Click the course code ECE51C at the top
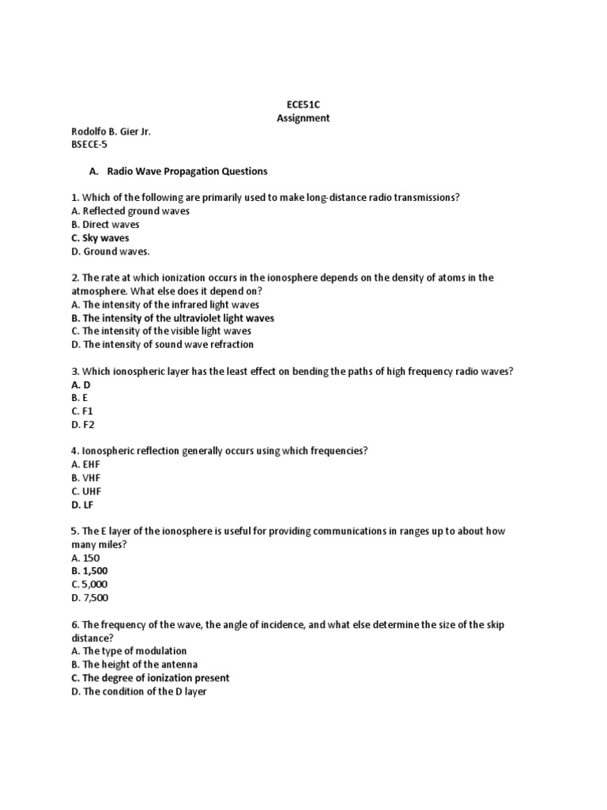(303, 104)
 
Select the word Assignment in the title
(303, 118)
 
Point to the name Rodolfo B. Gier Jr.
(111, 131)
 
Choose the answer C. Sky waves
(100, 238)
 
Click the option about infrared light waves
(164, 305)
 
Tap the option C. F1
(82, 411)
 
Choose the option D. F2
(82, 425)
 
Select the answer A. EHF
(85, 464)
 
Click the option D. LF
(82, 505)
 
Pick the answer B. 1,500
(89, 571)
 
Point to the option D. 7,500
(89, 598)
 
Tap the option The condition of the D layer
(138, 691)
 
